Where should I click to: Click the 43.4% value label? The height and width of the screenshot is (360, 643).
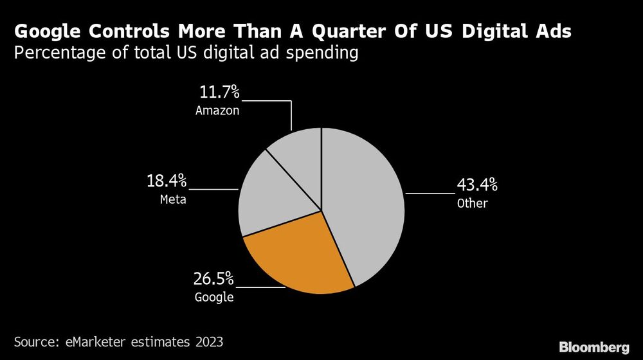(476, 186)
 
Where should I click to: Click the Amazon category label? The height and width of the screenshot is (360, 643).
(217, 111)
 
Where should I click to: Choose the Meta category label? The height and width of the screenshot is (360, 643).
(173, 199)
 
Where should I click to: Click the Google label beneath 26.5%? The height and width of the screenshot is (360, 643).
(213, 298)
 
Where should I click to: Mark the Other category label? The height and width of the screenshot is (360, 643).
(473, 204)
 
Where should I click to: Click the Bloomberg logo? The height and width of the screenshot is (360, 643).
(593, 347)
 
